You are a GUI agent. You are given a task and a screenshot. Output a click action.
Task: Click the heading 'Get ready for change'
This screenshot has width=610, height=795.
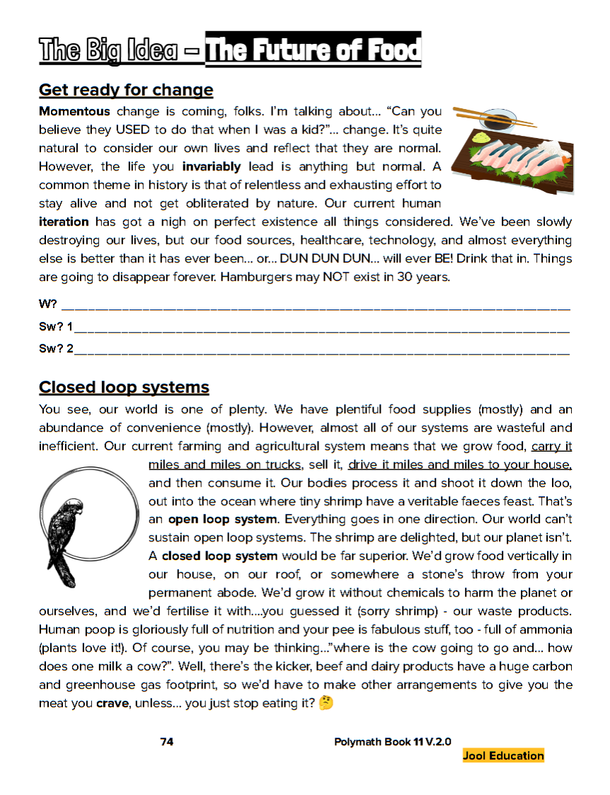(126, 90)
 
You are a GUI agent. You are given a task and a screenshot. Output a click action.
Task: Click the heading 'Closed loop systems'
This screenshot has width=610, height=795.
(124, 387)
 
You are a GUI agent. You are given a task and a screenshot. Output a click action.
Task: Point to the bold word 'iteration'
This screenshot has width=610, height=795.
(64, 222)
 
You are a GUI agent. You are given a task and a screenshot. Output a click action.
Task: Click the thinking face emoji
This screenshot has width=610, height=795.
(326, 704)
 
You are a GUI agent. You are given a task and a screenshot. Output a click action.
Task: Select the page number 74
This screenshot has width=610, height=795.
(167, 742)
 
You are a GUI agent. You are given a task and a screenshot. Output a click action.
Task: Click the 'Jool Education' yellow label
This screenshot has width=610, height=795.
(503, 755)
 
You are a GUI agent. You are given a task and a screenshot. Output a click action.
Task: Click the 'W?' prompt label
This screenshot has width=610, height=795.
(48, 305)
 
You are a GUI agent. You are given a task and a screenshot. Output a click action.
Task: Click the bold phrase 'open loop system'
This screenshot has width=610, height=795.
(222, 519)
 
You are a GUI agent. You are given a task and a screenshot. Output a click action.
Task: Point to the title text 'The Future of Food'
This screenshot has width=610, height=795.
(313, 50)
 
